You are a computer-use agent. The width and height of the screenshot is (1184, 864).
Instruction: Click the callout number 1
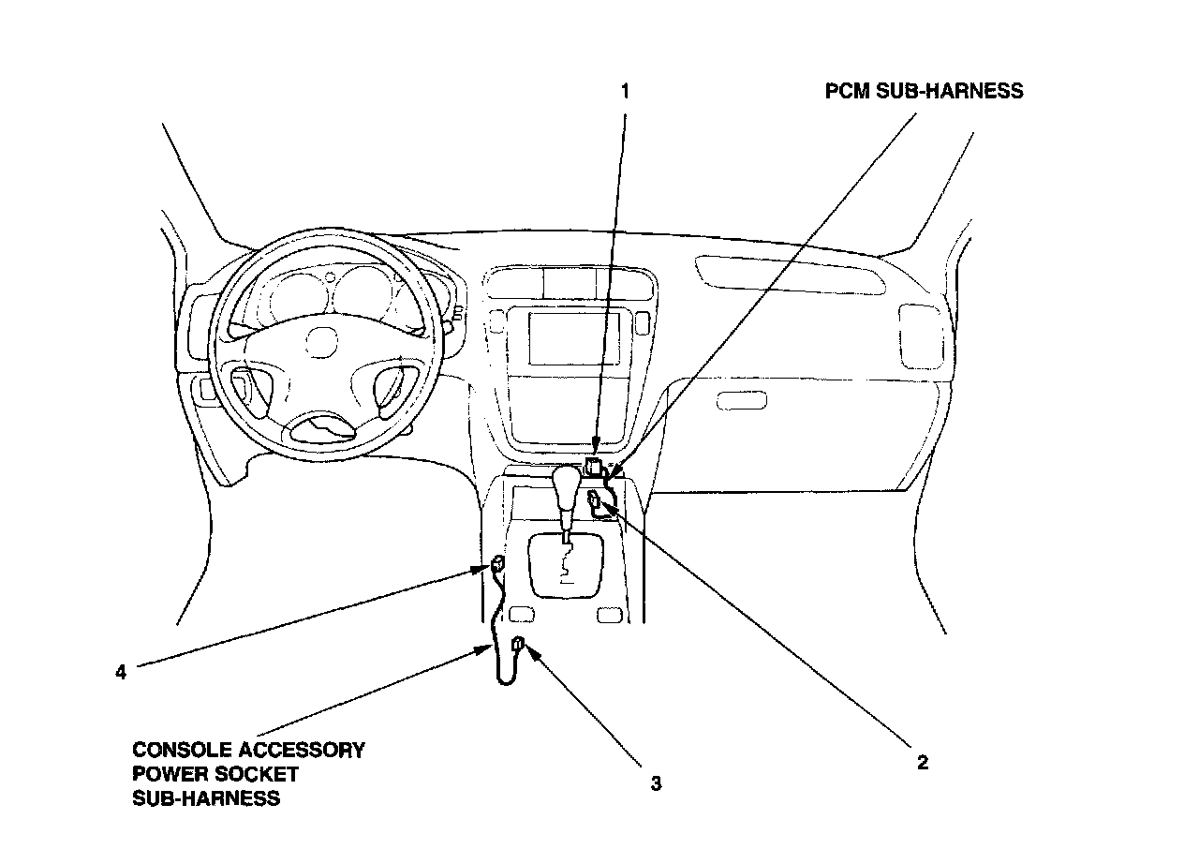626,91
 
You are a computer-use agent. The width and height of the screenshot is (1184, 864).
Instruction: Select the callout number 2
922,762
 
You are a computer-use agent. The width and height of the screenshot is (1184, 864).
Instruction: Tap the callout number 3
656,782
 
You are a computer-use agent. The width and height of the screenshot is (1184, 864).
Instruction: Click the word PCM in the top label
847,91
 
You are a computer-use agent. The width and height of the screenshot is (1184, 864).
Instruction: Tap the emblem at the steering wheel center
321,341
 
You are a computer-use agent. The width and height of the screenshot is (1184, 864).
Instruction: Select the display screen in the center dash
565,338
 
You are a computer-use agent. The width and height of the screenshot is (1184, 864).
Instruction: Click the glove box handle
741,400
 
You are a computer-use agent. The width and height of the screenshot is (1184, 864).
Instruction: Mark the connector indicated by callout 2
595,504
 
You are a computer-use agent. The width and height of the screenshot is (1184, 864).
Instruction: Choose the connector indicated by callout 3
518,644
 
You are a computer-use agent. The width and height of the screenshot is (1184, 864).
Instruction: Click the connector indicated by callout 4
497,564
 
